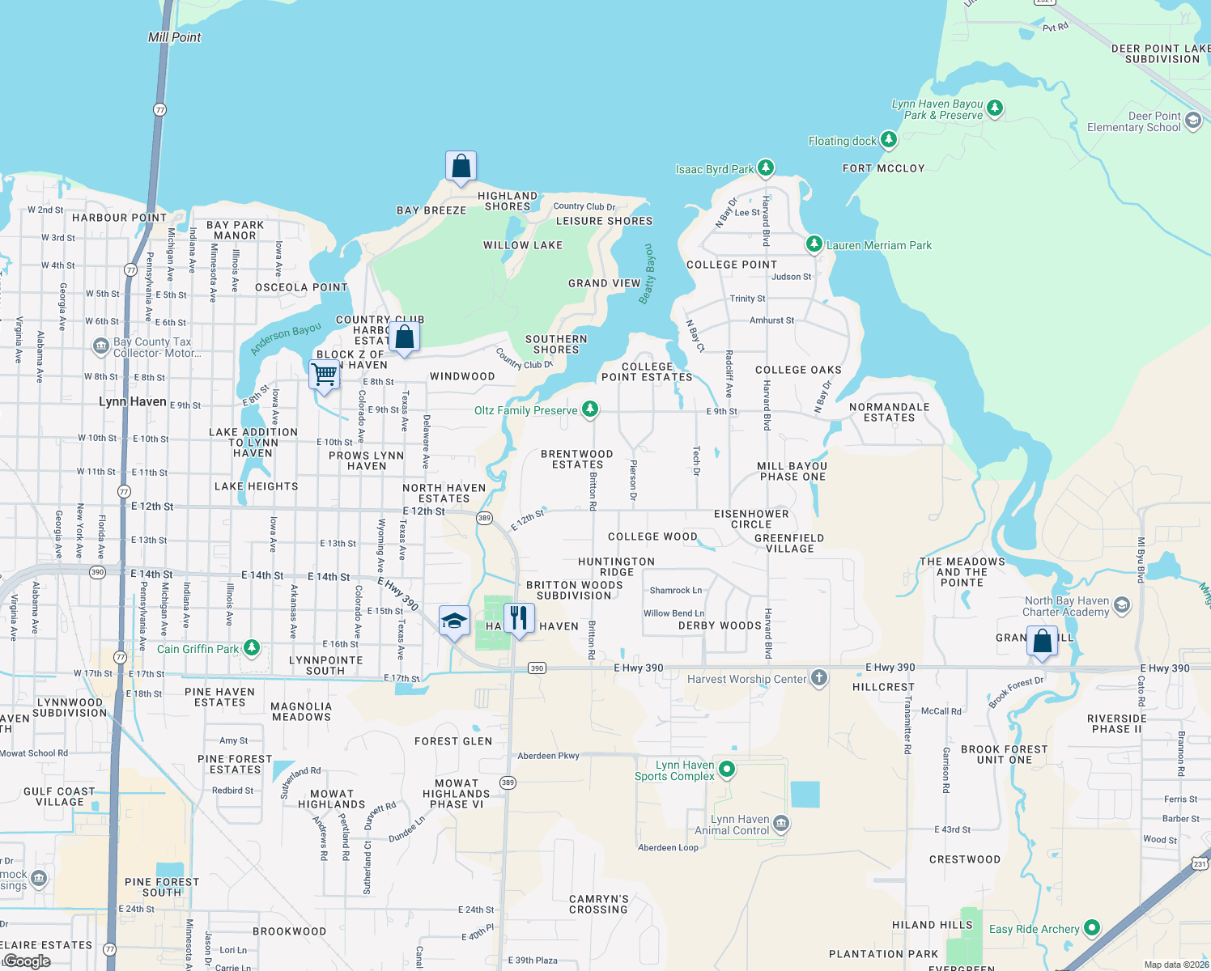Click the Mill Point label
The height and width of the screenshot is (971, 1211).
coord(174,37)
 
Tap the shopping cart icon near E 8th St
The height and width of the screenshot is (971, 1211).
coord(325,375)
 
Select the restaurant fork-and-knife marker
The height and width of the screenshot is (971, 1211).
coord(518,617)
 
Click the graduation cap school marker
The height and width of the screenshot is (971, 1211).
coord(454,621)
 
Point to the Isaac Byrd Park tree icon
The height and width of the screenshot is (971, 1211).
coord(765,168)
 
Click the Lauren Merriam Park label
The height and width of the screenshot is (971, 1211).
coord(878,245)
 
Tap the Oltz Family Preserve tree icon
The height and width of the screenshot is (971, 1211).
coord(590,409)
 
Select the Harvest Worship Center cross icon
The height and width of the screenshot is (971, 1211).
coord(819,678)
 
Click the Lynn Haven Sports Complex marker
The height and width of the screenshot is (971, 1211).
coord(727,770)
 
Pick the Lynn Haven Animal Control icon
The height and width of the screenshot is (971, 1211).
coord(781,824)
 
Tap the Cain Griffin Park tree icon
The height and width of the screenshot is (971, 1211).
coord(252,648)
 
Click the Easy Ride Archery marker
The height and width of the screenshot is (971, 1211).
coord(1091,928)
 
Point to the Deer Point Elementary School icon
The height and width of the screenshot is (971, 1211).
coord(1192,121)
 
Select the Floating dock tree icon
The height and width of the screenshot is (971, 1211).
coord(888,140)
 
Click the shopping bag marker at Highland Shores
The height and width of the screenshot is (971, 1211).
coord(461,167)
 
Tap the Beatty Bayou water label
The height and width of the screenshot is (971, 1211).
coord(647,273)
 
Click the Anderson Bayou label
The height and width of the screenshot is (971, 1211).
coord(286,339)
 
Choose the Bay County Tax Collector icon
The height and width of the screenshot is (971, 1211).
coord(100,347)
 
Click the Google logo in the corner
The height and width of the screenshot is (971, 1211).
coord(27,961)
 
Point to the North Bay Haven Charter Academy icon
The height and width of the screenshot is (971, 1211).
coord(1121,605)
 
